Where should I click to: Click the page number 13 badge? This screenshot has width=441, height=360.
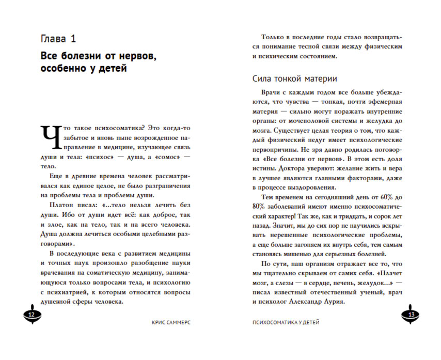pos(412,315)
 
